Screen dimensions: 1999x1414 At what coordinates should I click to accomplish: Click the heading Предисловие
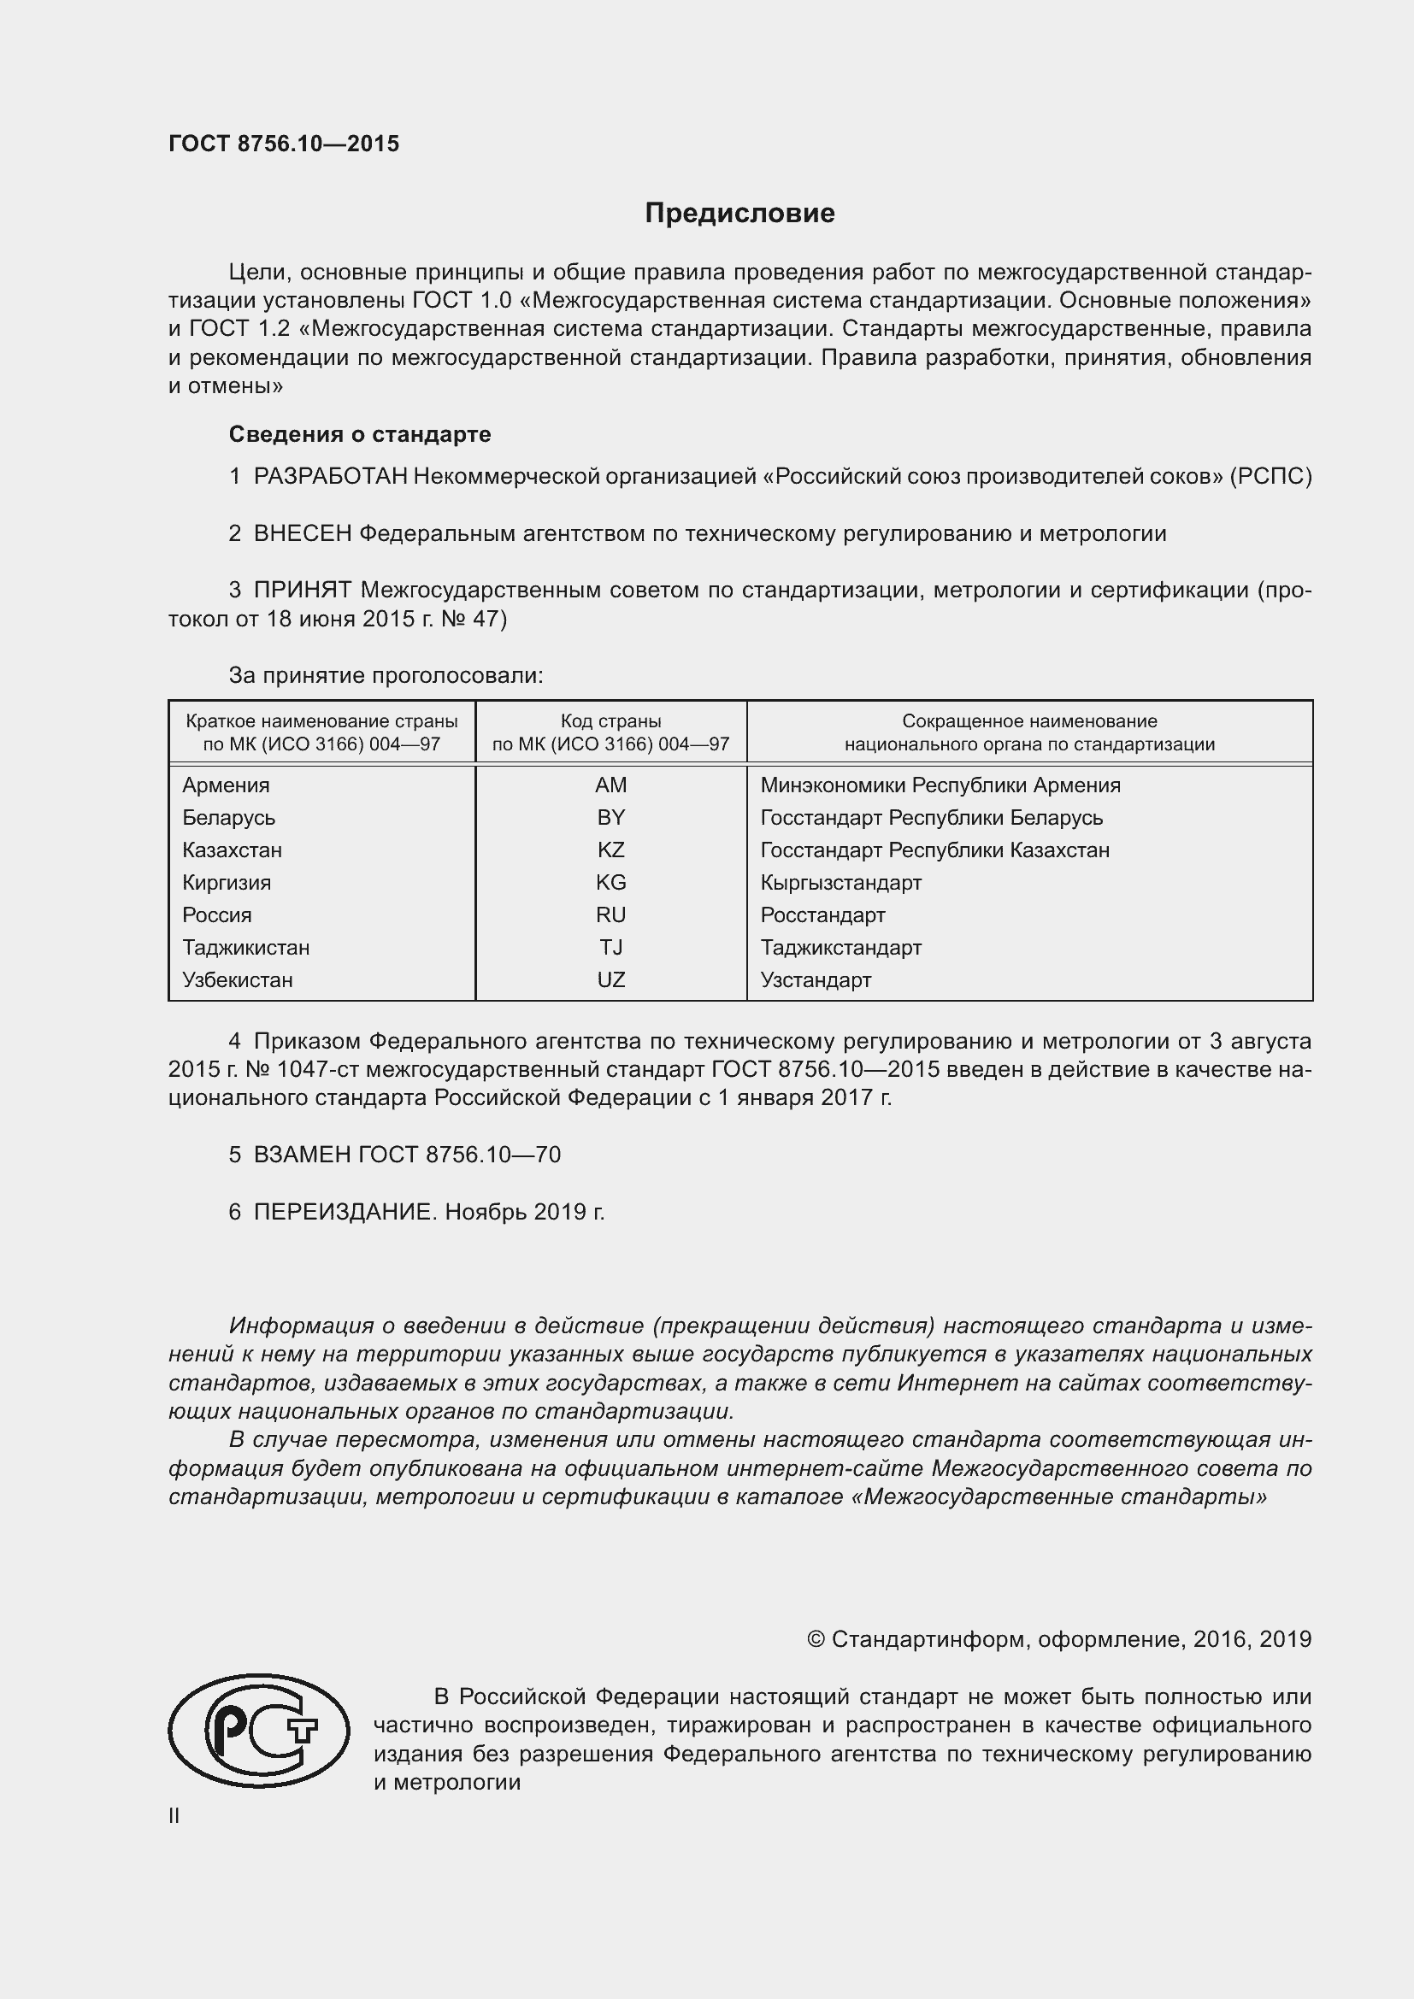[x=739, y=214]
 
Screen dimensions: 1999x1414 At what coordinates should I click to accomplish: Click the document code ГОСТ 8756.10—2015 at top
[x=284, y=144]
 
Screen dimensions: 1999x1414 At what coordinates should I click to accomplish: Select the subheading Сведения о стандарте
[x=360, y=433]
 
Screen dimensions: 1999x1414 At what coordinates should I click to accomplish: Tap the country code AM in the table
[x=610, y=785]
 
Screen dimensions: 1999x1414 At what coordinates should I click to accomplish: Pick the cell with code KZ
[x=610, y=850]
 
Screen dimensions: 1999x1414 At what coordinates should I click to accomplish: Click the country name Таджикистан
[x=245, y=947]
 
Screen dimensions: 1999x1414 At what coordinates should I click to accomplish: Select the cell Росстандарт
[x=822, y=915]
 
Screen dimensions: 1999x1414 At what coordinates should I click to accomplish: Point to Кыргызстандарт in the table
[x=840, y=883]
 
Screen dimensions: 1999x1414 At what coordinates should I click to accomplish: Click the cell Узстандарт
[x=815, y=980]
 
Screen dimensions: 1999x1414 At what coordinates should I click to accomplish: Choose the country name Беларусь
[x=228, y=818]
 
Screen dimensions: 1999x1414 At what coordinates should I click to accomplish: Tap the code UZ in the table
[x=610, y=980]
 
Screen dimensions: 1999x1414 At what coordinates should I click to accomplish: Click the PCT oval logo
[x=258, y=1731]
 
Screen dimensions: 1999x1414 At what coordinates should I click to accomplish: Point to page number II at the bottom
[x=174, y=1815]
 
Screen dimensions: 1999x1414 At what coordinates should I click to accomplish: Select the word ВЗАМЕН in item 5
[x=302, y=1155]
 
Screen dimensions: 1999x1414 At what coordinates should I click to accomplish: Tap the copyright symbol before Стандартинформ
[x=816, y=1639]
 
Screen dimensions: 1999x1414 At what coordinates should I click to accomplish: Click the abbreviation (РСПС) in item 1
[x=1270, y=476]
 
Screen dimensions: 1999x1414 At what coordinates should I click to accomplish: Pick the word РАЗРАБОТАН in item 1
[x=330, y=476]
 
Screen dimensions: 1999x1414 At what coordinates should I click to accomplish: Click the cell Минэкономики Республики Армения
[x=940, y=785]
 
